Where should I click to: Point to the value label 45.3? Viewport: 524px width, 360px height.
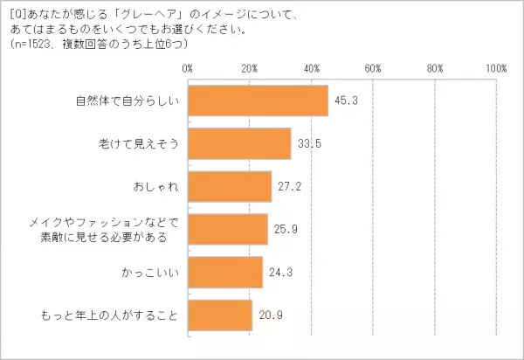pyautogui.click(x=342, y=100)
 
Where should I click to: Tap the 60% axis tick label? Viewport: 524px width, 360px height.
pyautogui.click(x=373, y=67)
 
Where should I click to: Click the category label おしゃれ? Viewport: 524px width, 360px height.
pyautogui.click(x=158, y=186)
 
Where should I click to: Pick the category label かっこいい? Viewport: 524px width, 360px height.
pyautogui.click(x=154, y=272)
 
